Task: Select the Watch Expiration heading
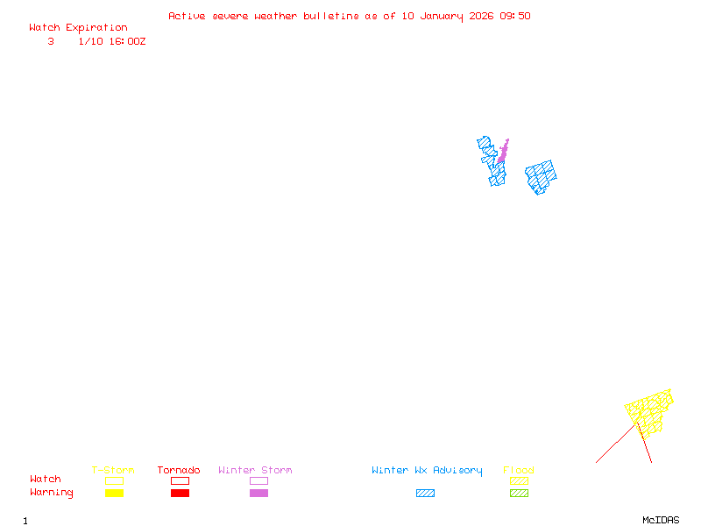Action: click(78, 28)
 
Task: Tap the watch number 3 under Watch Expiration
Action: click(51, 41)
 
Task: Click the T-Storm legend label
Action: click(113, 471)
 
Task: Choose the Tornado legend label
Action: click(179, 471)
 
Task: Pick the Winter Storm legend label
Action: click(255, 471)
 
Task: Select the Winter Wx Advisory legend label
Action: click(427, 471)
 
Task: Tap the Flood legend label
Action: click(519, 471)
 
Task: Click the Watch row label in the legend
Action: click(46, 480)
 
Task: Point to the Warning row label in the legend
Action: click(52, 493)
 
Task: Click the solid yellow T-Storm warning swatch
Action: click(114, 494)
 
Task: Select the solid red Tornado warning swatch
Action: click(180, 494)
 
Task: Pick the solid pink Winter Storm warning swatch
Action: click(258, 494)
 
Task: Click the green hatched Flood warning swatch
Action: click(519, 494)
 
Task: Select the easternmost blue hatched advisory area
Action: click(541, 175)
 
